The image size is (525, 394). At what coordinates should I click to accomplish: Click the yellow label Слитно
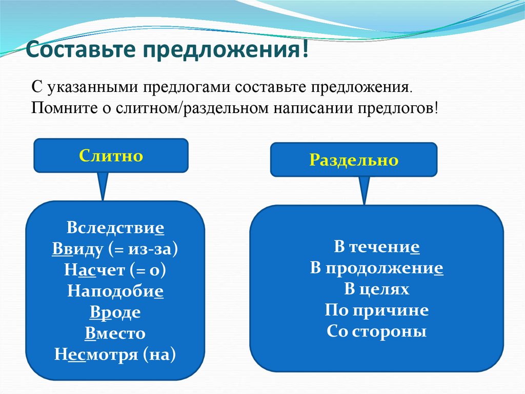(111, 156)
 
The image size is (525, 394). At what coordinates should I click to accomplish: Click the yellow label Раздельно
(353, 160)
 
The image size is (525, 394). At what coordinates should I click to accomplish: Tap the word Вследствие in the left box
(115, 228)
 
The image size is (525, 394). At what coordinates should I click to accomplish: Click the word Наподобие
(115, 291)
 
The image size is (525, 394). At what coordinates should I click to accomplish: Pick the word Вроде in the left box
(115, 312)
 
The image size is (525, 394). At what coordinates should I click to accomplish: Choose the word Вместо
(115, 333)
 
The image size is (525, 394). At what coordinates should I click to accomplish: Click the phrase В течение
(377, 247)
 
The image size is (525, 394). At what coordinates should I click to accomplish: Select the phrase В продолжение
(377, 268)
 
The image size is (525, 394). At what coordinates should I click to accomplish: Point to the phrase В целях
(377, 289)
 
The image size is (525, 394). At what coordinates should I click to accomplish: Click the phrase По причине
(377, 310)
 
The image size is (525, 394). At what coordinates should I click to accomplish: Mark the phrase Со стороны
(377, 331)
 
